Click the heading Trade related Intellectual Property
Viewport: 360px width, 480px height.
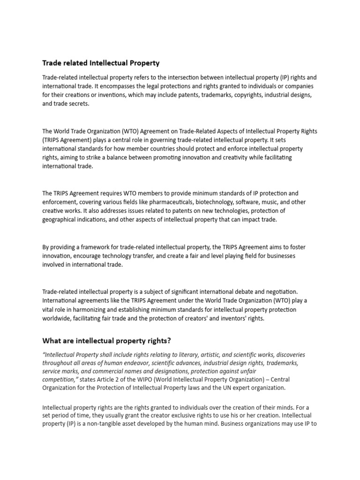[x=101, y=62]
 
